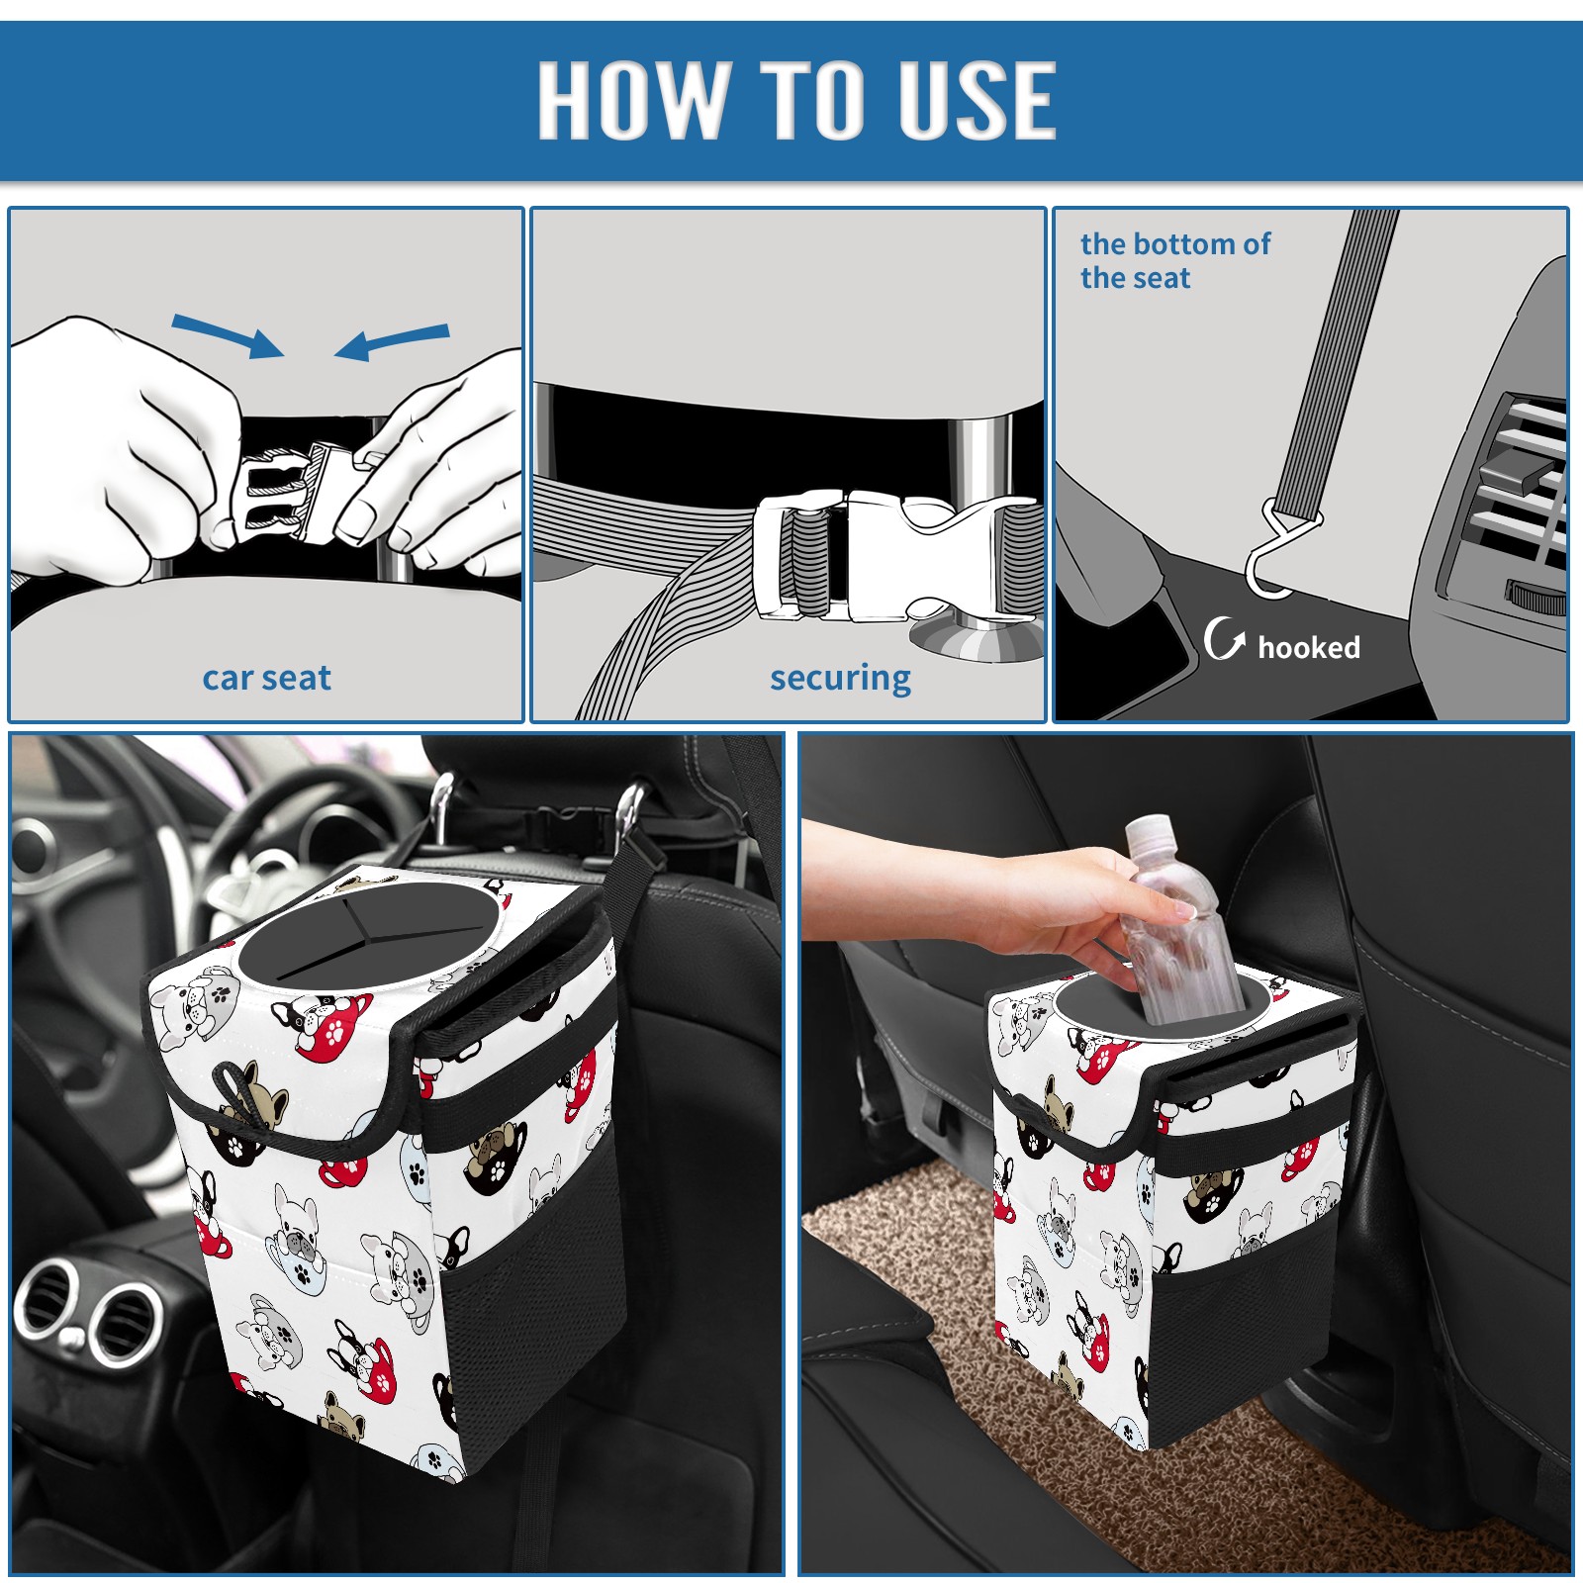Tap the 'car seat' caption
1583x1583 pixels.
coord(266,678)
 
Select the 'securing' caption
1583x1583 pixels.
coord(840,678)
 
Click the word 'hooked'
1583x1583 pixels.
coord(1309,648)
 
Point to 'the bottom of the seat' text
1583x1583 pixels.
coord(1174,260)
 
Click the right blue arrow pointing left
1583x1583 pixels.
coord(392,341)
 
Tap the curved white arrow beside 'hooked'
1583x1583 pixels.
coord(1224,639)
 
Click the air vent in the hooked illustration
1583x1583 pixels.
coord(1514,495)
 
